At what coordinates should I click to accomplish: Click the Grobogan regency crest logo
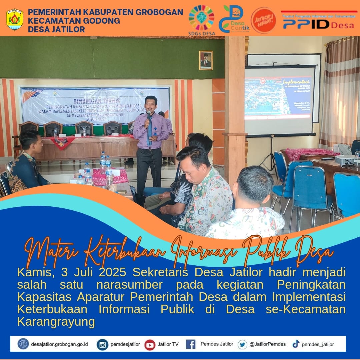[15, 20]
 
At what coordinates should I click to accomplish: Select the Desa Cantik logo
[233, 19]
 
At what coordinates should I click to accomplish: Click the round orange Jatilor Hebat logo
[263, 20]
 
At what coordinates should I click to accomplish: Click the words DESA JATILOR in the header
[56, 29]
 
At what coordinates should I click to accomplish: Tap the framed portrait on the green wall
[206, 60]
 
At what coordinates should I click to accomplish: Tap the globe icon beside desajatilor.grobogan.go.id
[23, 344]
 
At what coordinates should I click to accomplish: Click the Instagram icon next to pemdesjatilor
[102, 344]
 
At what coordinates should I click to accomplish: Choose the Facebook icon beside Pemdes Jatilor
[191, 344]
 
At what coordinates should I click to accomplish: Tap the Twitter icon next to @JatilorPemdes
[242, 344]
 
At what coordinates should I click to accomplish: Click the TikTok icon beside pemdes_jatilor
[296, 344]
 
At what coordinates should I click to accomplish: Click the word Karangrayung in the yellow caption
[56, 322]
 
